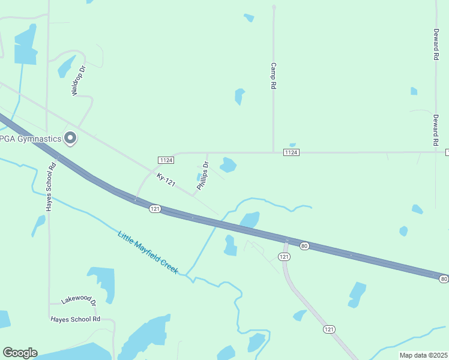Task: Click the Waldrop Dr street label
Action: point(79,81)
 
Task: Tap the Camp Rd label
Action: point(273,76)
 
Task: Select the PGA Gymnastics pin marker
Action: point(70,138)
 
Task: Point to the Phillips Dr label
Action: point(203,176)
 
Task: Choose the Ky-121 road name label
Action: point(166,179)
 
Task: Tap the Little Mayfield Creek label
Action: point(148,253)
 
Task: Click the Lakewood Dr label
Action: point(79,301)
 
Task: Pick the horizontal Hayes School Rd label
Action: point(75,319)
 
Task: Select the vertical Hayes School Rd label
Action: point(50,187)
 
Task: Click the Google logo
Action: point(19,353)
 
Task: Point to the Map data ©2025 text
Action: point(423,355)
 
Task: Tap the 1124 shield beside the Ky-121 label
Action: point(166,160)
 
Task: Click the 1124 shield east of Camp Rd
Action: point(291,152)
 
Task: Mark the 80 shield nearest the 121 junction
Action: point(304,245)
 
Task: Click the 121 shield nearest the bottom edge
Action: point(328,329)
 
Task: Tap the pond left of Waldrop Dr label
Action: point(65,67)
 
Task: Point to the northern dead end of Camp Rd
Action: point(273,7)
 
